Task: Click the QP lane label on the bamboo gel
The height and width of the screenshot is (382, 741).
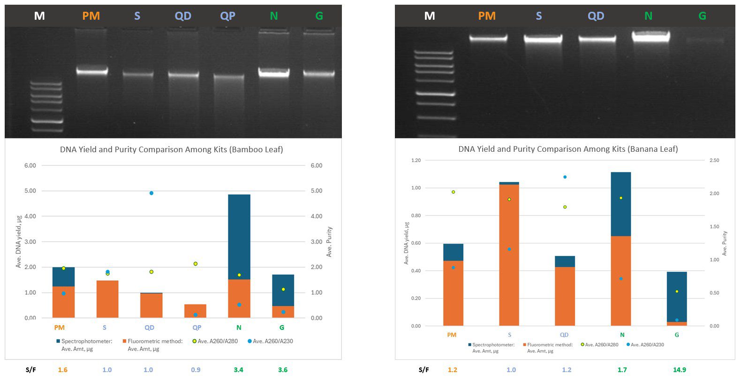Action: [x=227, y=16]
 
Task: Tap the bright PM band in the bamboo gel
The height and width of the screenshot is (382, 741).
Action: [x=92, y=71]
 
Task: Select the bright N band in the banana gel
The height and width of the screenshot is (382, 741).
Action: [x=650, y=37]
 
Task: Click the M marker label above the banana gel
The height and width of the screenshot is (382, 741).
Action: [x=429, y=16]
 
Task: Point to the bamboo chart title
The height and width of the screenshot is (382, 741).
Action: [x=171, y=149]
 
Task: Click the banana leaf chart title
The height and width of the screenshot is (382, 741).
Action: [x=568, y=149]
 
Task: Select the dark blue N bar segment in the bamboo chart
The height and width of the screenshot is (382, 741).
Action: [x=239, y=237]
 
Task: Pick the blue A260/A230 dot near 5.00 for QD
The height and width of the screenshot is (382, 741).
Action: [x=151, y=193]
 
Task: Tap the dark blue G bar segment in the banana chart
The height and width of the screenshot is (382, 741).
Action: [x=676, y=296]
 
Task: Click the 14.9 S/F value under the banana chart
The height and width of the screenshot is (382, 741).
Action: [x=679, y=370]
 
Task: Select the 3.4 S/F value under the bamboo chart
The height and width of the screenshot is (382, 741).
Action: [x=238, y=370]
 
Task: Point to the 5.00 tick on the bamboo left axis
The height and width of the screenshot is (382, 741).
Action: [x=30, y=191]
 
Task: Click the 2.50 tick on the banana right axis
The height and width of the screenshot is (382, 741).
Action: [x=714, y=160]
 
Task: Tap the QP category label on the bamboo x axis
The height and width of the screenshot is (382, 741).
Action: [x=197, y=327]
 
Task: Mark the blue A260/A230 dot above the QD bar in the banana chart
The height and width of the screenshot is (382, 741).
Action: [x=565, y=177]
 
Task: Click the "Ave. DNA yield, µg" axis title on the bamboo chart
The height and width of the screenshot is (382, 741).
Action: [x=19, y=240]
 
